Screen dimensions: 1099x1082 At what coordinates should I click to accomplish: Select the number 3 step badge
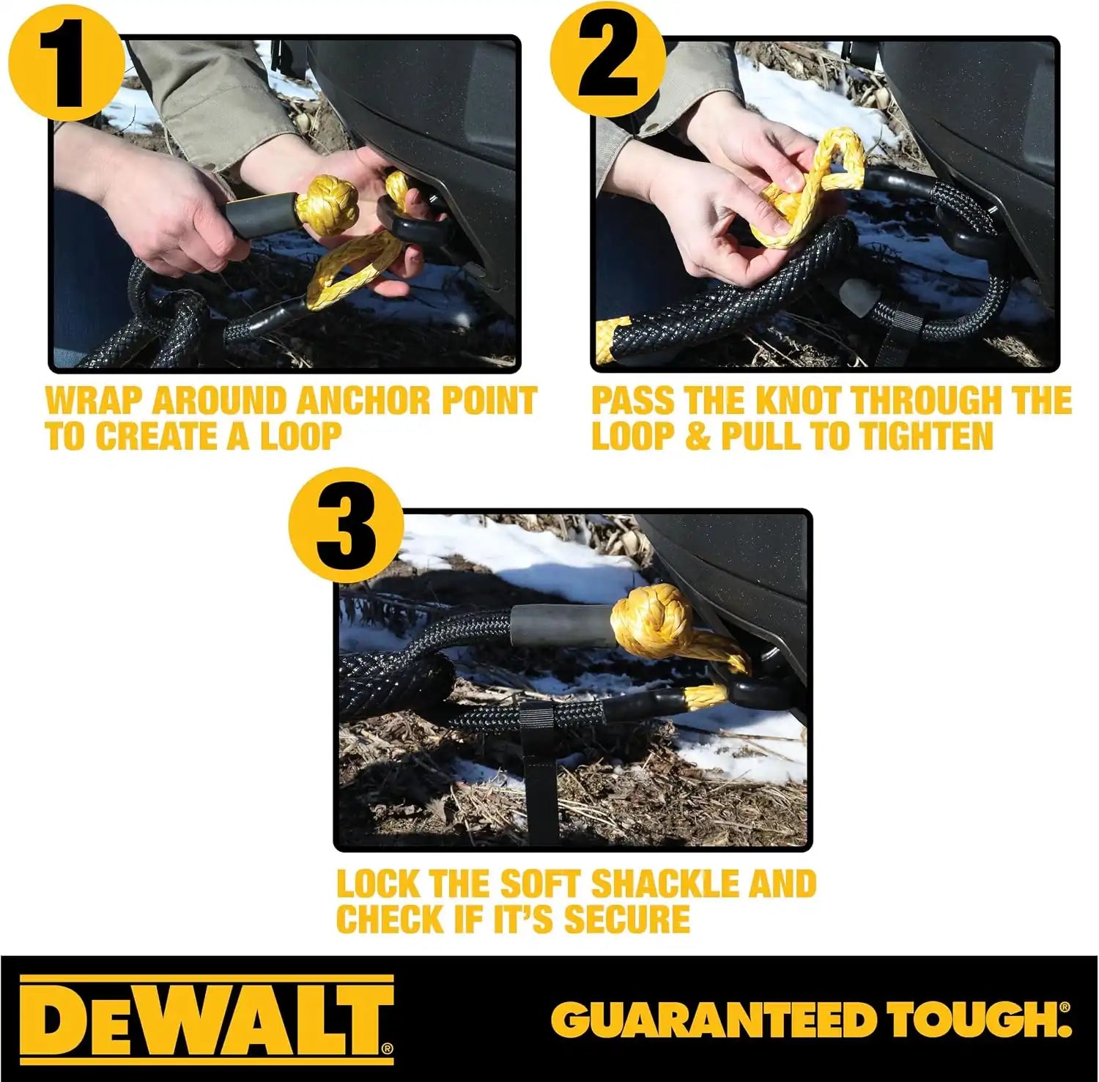point(346,526)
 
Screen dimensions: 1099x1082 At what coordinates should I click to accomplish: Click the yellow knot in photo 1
point(328,207)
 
